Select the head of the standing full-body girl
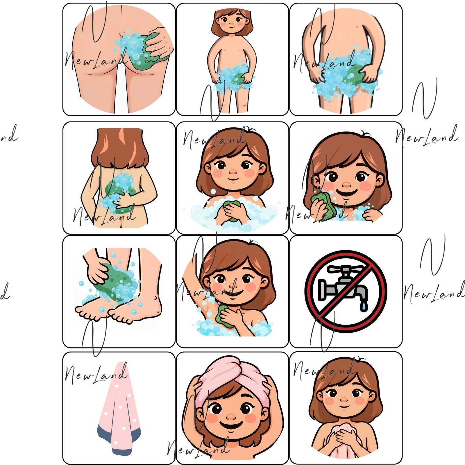coord(232,22)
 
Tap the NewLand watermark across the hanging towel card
coord(96,375)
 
